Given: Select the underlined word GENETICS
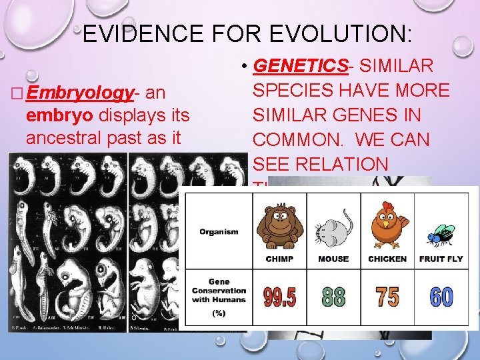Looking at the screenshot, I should tap(302, 66).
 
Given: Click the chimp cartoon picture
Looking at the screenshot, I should tap(279, 223).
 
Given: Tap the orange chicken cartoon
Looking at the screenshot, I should tap(387, 223).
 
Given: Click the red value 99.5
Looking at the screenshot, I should tap(280, 297).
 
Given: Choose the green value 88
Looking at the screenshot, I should tap(333, 297).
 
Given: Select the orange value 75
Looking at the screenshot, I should tap(387, 297).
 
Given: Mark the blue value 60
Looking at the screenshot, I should tap(441, 297).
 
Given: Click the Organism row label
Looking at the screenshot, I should tap(219, 232).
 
